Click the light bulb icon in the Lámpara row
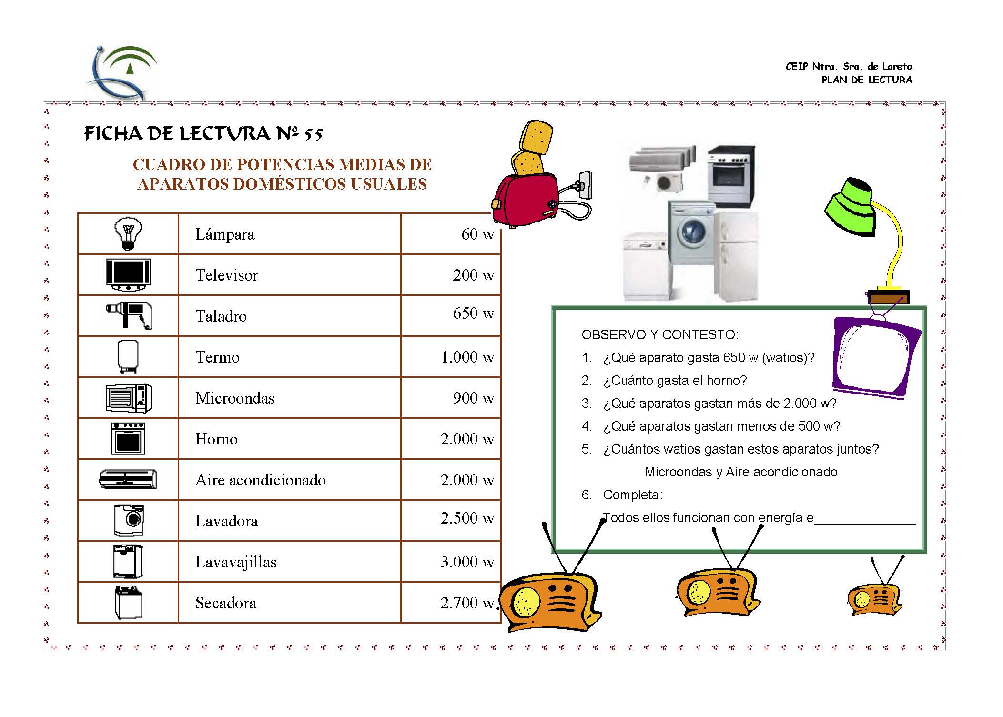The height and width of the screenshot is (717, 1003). pos(128,233)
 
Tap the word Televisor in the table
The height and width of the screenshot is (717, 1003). pos(227,275)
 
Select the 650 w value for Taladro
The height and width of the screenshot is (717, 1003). pos(473,313)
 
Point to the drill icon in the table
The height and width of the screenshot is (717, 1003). pos(129,315)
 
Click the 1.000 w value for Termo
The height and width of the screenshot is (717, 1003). pos(467,357)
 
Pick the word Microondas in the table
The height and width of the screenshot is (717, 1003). pos(235,398)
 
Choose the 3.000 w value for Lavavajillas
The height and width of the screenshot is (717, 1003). pos(467,562)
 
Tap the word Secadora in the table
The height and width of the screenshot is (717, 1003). pos(226,603)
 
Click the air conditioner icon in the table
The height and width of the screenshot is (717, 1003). pos(128,479)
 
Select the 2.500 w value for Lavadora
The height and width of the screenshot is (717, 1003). pos(467,518)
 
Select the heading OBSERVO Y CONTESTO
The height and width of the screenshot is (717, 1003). pos(660,335)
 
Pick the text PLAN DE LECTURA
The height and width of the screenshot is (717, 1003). pos(867,80)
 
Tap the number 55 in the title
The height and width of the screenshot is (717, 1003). pos(314,134)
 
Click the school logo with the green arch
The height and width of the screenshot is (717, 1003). pos(122,72)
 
